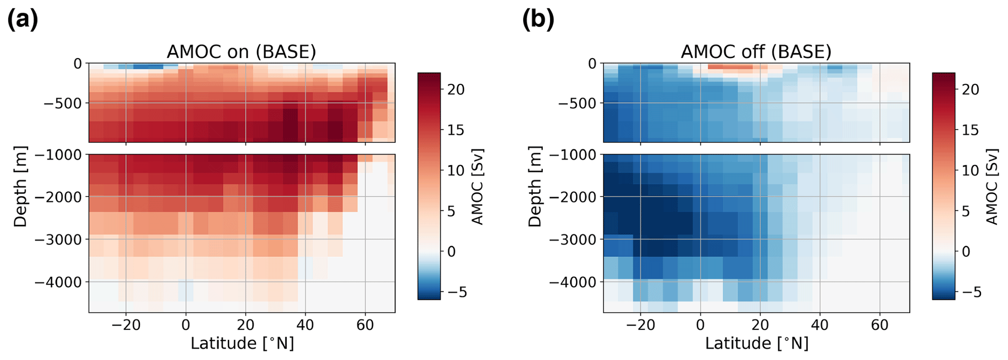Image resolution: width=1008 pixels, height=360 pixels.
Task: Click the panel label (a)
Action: coord(22,20)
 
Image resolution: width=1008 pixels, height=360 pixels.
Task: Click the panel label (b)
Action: coord(538,20)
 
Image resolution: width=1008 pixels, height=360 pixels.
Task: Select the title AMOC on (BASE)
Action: coord(241,51)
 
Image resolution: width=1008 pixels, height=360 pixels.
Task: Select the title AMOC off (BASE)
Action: coord(756,51)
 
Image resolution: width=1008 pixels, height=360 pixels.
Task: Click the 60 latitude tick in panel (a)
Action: coord(365,325)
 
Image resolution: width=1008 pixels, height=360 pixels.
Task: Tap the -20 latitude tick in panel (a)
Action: coord(126,325)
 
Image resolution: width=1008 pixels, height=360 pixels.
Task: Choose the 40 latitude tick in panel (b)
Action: coord(820,325)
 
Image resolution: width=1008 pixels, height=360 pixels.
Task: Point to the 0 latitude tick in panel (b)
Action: coord(700,325)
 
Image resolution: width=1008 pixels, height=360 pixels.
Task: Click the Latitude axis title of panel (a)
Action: coord(242,343)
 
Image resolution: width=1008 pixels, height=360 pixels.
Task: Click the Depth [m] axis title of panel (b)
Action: coord(535,186)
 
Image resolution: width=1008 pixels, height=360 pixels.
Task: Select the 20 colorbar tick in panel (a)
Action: coord(456,90)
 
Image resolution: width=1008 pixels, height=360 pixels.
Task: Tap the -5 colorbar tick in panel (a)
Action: coord(456,293)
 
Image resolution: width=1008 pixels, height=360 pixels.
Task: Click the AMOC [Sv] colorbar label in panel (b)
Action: coord(992,186)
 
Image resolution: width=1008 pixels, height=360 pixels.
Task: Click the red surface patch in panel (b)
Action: coord(730,67)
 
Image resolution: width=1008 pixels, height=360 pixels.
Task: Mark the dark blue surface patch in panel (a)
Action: coord(148,66)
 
